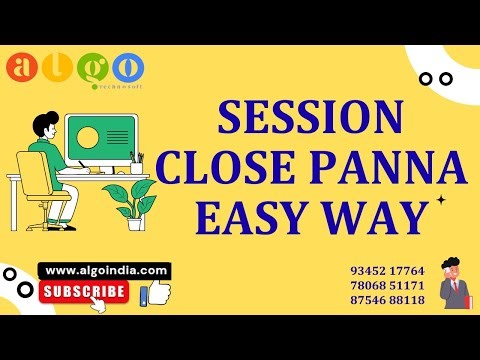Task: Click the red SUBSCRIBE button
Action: (x=84, y=292)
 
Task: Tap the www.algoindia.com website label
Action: (x=106, y=270)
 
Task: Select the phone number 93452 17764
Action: (x=388, y=270)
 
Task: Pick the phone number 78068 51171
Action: (x=388, y=285)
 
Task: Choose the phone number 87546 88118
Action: (x=388, y=300)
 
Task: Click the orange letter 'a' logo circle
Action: (x=22, y=69)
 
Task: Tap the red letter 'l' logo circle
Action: (x=57, y=66)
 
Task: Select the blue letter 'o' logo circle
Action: (x=127, y=67)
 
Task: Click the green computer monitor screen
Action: (x=100, y=139)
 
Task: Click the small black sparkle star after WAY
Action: (x=439, y=201)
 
